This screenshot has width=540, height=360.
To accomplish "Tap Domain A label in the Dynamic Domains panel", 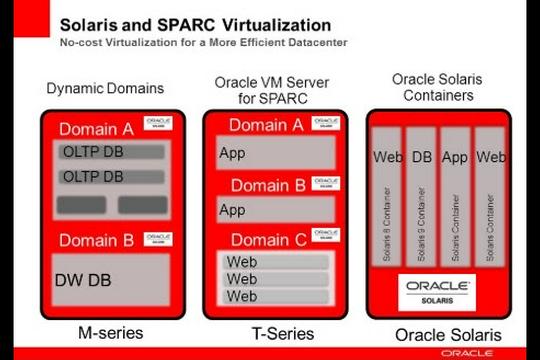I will click(x=96, y=129).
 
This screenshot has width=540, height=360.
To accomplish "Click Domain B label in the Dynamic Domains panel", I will click(x=96, y=240).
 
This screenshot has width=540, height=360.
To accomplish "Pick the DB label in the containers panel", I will click(x=422, y=157).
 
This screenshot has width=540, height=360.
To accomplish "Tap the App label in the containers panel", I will click(x=455, y=157).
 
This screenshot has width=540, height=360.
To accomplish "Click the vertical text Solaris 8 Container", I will click(x=388, y=220).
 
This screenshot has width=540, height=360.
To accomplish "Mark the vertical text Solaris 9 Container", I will click(x=422, y=220).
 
